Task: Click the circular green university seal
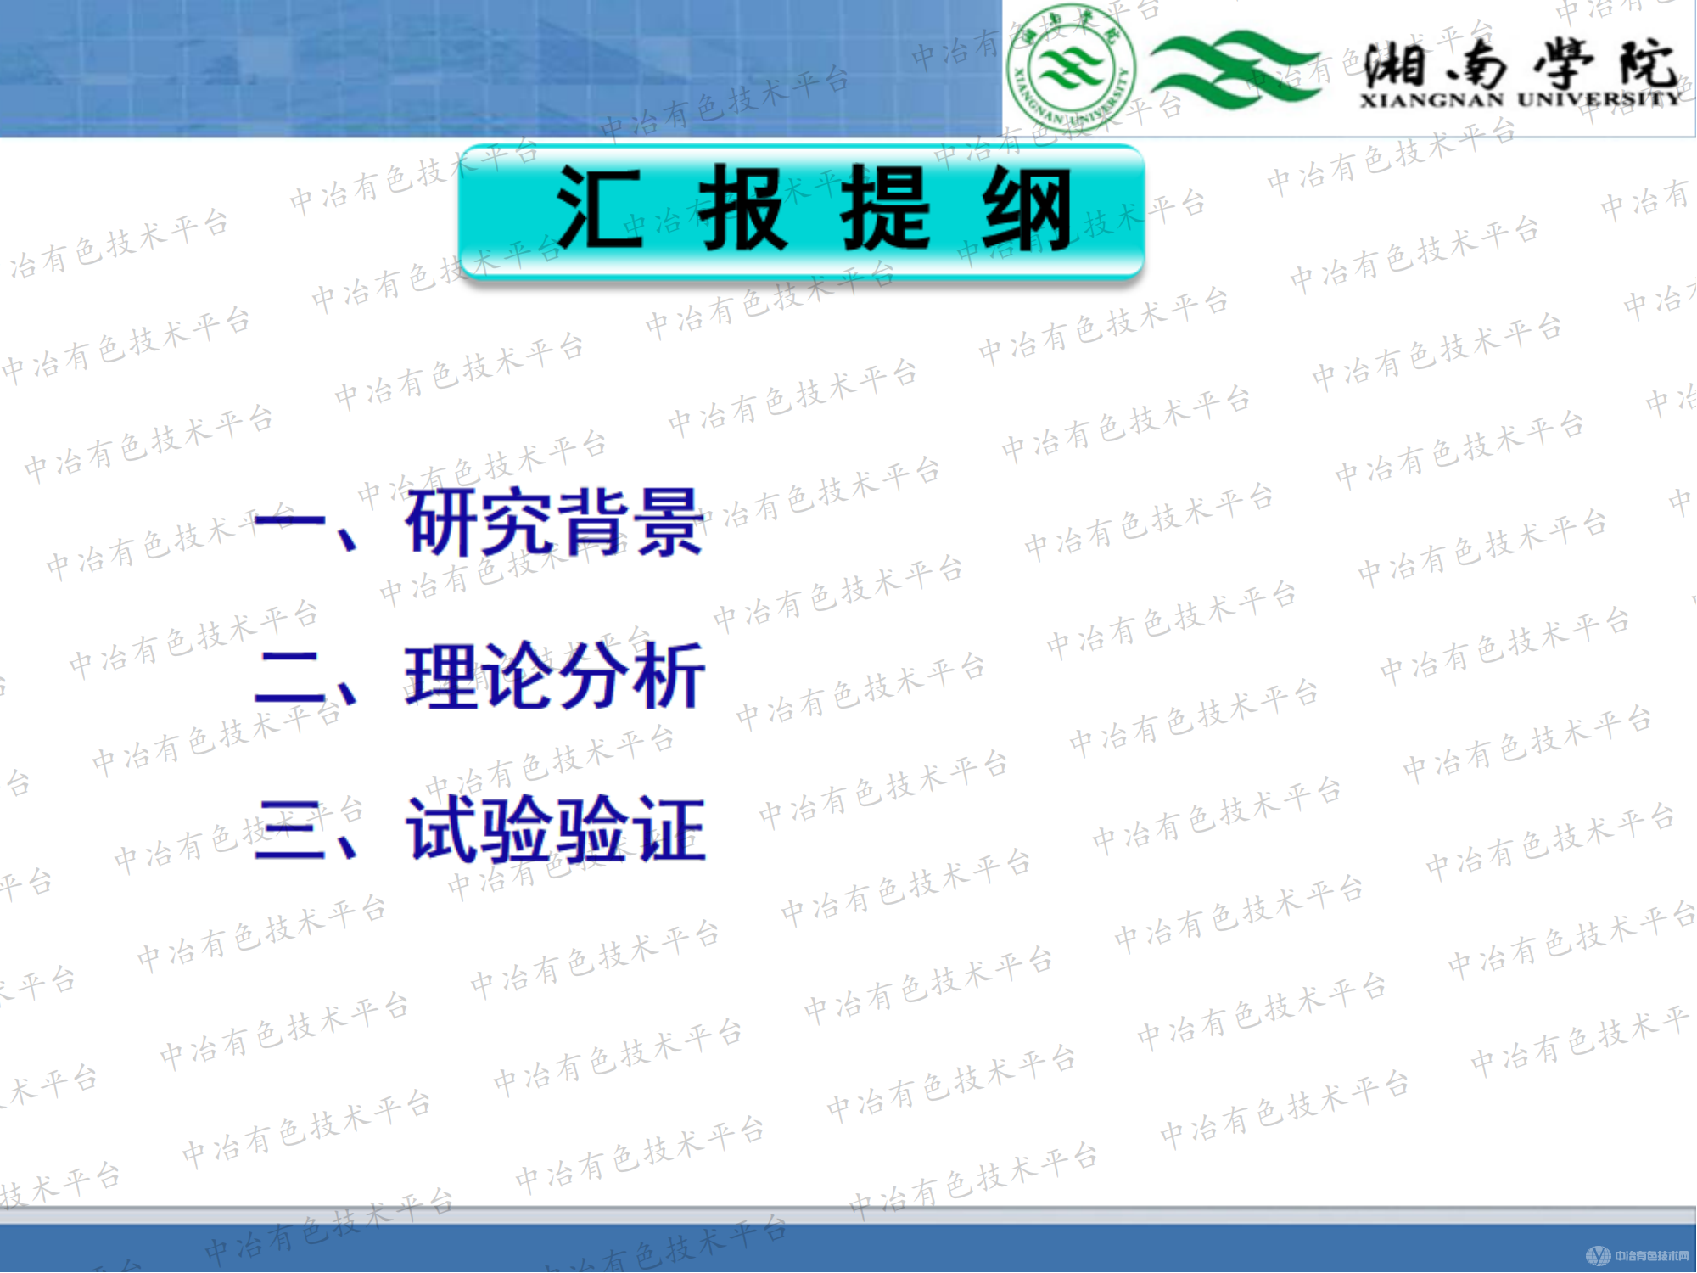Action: pyautogui.click(x=1071, y=68)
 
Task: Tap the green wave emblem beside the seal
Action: pyautogui.click(x=1235, y=68)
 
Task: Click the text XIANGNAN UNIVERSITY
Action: pyautogui.click(x=1519, y=100)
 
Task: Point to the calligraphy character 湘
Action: pyautogui.click(x=1396, y=64)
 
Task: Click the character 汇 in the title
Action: pyautogui.click(x=598, y=208)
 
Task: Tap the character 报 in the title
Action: pyautogui.click(x=742, y=208)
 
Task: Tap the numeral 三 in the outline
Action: pyautogui.click(x=288, y=831)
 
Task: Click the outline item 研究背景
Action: pyautogui.click(x=554, y=522)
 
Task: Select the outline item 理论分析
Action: pyautogui.click(x=554, y=676)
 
